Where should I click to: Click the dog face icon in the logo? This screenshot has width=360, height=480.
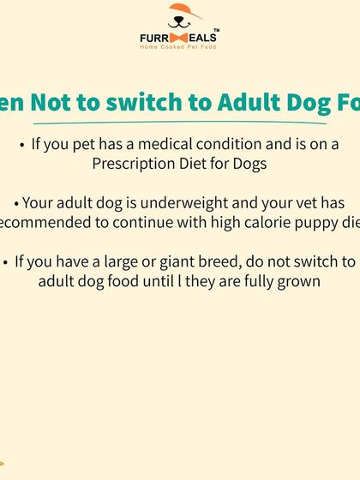(x=180, y=17)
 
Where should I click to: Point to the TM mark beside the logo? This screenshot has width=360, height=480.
(x=215, y=31)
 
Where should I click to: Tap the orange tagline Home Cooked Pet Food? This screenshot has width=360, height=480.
(x=179, y=46)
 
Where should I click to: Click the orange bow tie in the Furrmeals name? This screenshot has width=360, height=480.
(x=178, y=38)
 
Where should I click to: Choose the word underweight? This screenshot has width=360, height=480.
(x=196, y=203)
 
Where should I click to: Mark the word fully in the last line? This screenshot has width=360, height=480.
(x=257, y=282)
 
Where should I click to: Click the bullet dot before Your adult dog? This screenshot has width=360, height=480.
(x=16, y=204)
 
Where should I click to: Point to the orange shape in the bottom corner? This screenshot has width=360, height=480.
(x=2, y=463)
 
